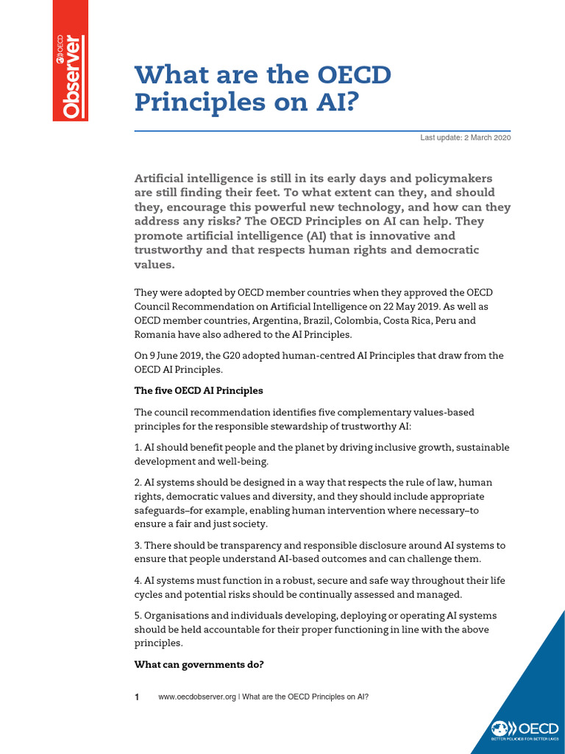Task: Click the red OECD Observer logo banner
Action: [x=71, y=60]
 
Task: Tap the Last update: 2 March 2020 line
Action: [x=465, y=138]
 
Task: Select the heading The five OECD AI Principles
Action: [x=198, y=390]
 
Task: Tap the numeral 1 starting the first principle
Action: [x=137, y=447]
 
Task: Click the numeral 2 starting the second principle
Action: [x=138, y=482]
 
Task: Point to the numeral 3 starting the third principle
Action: [x=138, y=545]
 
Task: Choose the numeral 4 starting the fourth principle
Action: [x=138, y=580]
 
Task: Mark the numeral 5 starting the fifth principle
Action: [x=138, y=616]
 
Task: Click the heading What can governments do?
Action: [x=199, y=665]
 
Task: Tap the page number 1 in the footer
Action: [x=137, y=697]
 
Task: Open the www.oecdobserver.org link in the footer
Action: [x=196, y=697]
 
